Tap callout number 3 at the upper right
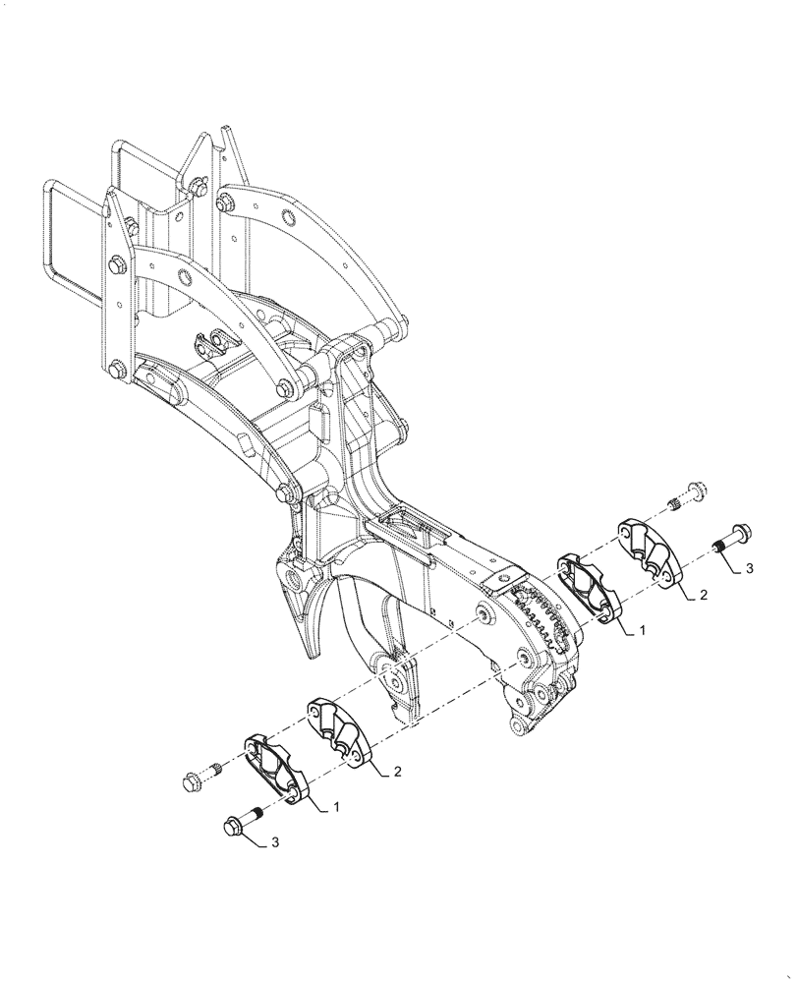point(750,568)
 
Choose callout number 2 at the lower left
point(397,773)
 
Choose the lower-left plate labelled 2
point(339,727)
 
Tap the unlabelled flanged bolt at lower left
point(193,782)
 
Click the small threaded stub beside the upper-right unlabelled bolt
point(675,504)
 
